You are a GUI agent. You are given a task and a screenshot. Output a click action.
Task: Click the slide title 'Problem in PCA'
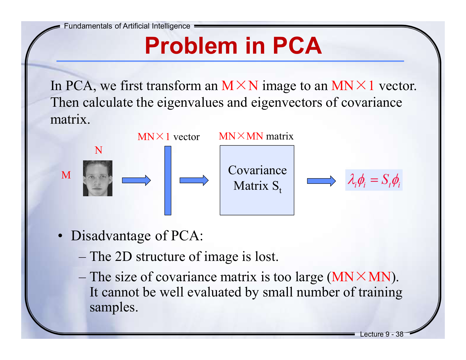[233, 46]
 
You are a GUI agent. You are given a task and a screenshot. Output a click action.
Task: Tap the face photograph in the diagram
[97, 178]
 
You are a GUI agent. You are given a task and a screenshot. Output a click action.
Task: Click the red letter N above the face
[98, 150]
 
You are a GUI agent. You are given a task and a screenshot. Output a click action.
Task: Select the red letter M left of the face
[66, 175]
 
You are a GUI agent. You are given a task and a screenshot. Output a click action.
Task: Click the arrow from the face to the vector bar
[136, 180]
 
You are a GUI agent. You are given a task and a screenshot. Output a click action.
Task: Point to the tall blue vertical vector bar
[168, 180]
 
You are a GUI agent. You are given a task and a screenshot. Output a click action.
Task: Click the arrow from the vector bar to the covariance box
[194, 180]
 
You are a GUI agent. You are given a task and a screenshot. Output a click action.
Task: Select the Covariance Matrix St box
[257, 180]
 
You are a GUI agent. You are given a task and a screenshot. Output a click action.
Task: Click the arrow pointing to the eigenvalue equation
[321, 181]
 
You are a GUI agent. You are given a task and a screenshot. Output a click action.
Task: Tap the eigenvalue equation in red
[374, 180]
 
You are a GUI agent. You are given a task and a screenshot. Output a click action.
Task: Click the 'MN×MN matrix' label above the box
[256, 136]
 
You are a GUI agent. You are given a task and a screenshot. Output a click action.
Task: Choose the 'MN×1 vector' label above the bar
[168, 137]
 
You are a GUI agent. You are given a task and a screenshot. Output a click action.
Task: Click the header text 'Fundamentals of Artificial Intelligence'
[127, 26]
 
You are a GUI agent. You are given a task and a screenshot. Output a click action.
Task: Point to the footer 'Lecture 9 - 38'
[382, 334]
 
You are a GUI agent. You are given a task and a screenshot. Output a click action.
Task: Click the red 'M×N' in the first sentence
[239, 86]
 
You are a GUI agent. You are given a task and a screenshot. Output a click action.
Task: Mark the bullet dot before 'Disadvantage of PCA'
[60, 236]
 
